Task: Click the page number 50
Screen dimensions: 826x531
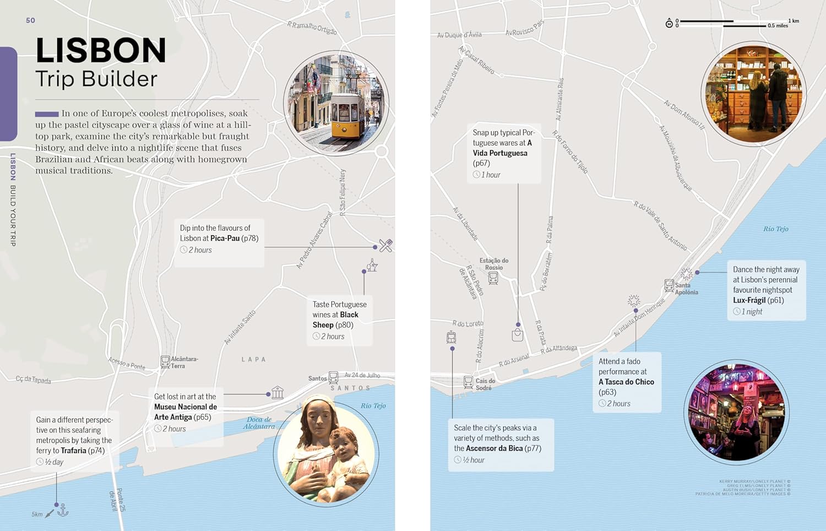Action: pos(30,20)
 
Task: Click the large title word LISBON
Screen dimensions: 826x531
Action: pos(101,50)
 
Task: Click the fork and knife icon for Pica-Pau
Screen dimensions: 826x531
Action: pos(385,246)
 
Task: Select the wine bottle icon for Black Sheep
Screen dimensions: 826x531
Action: pos(373,265)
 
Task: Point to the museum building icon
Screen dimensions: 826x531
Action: pos(278,393)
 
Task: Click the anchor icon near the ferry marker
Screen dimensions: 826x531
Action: pos(63,510)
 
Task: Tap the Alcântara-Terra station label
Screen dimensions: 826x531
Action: pos(184,362)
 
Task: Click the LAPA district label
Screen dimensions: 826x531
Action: pos(254,360)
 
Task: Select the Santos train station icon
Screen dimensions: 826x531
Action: pos(333,377)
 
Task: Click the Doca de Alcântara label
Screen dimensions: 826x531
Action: pos(259,423)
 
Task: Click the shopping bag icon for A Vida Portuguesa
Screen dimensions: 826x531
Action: pos(518,335)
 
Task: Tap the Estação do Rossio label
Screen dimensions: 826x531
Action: pos(494,264)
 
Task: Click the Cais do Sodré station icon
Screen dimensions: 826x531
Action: pos(468,382)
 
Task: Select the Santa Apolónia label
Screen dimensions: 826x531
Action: pos(686,289)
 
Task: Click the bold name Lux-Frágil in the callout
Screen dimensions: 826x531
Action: pos(749,300)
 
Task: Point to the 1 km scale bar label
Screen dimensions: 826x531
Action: pos(794,21)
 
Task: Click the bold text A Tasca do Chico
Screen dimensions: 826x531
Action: pos(626,382)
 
